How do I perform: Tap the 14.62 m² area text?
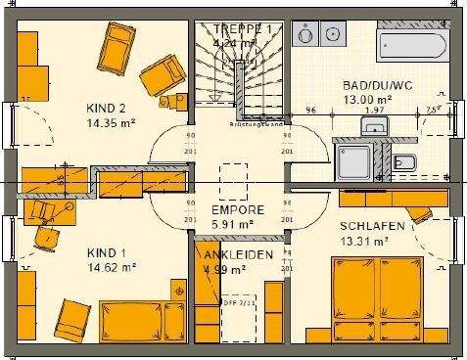tap(111, 265)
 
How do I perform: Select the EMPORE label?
tap(237, 209)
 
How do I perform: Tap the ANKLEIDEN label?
tap(233, 255)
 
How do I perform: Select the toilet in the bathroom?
tap(411, 162)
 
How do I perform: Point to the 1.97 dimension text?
tap(373, 111)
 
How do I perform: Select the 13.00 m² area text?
tap(366, 99)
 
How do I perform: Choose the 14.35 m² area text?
tap(108, 124)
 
